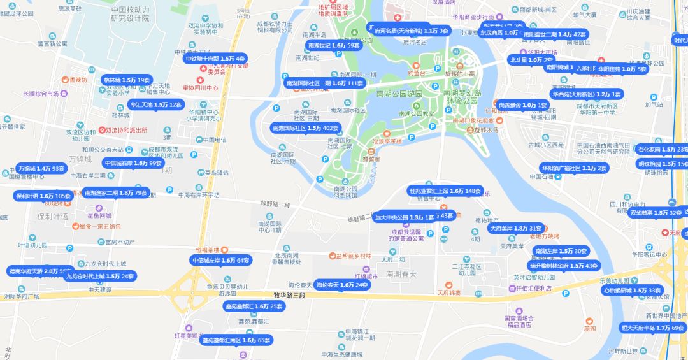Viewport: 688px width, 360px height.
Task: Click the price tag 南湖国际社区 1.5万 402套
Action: click(x=305, y=128)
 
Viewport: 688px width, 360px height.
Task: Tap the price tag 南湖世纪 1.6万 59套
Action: click(x=334, y=46)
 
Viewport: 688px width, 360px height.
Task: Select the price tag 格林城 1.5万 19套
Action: click(x=126, y=80)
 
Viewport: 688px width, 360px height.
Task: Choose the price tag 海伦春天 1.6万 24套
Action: click(x=342, y=285)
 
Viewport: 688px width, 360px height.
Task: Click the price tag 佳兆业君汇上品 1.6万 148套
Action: click(x=445, y=191)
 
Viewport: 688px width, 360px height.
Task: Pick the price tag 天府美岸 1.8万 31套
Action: click(x=515, y=228)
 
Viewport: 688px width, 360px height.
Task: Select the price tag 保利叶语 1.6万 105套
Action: click(x=43, y=196)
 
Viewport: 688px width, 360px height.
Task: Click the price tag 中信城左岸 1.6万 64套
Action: click(x=220, y=260)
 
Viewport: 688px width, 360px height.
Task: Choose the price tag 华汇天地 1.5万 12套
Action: click(x=155, y=104)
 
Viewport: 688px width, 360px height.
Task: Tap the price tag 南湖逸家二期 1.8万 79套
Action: click(x=115, y=192)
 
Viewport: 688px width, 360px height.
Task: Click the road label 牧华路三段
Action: click(x=289, y=295)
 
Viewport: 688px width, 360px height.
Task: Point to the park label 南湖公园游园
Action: click(x=399, y=94)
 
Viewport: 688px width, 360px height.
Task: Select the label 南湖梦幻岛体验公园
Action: click(x=462, y=97)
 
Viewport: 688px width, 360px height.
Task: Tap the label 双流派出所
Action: click(x=125, y=130)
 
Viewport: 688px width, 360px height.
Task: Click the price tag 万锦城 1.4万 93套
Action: click(x=41, y=169)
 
